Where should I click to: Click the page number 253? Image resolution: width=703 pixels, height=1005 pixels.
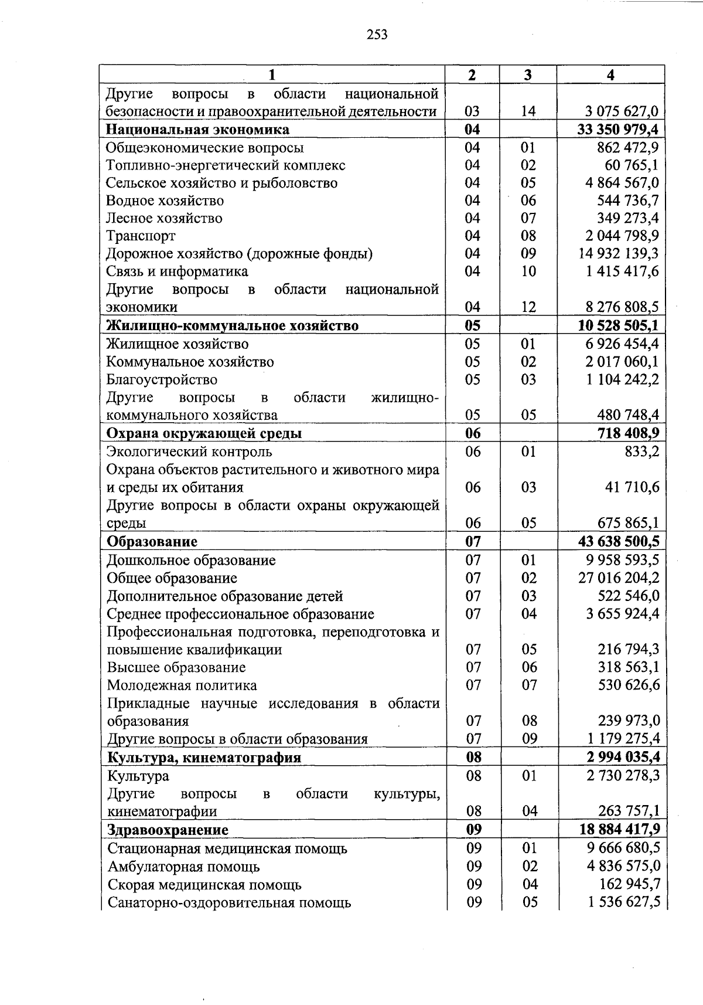377,35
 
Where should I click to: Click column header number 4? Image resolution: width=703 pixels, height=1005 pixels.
611,75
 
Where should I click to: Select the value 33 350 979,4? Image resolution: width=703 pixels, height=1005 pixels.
618,130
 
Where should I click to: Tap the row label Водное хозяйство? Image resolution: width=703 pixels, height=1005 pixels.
165,201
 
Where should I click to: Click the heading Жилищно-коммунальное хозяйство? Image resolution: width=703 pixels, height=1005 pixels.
232,326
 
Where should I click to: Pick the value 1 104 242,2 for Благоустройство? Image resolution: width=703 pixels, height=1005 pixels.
622,380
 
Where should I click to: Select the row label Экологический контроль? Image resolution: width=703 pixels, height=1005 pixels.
189,452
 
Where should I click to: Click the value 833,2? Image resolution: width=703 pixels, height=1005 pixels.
642,452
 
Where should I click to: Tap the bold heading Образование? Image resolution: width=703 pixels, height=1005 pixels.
152,542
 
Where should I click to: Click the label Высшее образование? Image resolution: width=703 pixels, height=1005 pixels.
176,668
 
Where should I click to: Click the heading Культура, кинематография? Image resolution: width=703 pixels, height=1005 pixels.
204,758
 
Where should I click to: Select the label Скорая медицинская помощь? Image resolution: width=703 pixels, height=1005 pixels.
204,885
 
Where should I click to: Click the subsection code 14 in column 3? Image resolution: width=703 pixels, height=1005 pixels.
528,111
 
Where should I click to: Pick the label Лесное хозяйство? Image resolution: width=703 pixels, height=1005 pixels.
164,219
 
